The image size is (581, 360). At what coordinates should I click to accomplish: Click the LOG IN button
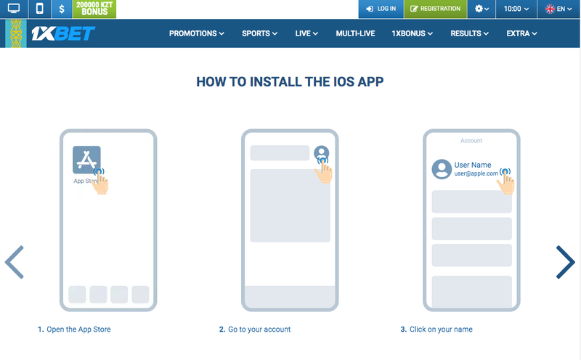[381, 9]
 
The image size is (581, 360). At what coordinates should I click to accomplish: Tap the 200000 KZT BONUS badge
[94, 9]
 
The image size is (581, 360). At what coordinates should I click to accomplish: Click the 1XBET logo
[63, 33]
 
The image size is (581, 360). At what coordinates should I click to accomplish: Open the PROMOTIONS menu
[196, 33]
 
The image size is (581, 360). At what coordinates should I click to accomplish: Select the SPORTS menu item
[259, 33]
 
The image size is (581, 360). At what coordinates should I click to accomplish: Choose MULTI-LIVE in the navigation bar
[355, 33]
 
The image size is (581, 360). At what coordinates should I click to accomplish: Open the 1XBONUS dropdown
[412, 33]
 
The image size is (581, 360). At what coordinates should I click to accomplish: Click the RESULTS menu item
[469, 33]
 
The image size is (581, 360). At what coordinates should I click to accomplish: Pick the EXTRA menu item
[521, 33]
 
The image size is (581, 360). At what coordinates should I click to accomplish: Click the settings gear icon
[479, 9]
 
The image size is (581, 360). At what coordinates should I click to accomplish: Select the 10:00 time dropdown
[516, 9]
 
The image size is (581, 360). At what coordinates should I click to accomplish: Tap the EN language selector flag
[550, 9]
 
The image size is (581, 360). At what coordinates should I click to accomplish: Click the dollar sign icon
[62, 9]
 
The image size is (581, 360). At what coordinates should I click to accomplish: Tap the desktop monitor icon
[14, 9]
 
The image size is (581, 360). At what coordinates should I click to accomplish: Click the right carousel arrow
[565, 262]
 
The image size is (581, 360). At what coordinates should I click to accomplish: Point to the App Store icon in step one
[86, 160]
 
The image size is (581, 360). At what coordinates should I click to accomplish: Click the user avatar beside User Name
[442, 169]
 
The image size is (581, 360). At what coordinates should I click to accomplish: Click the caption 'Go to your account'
[259, 330]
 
